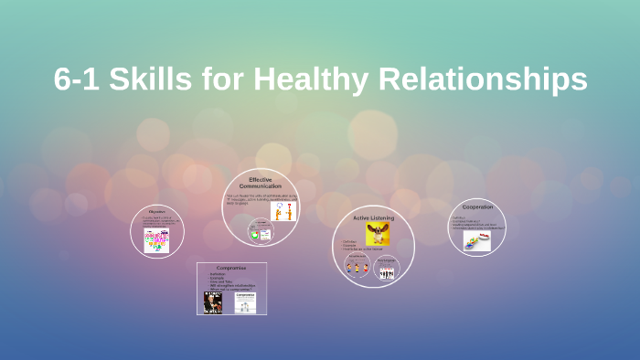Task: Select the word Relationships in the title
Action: point(488,79)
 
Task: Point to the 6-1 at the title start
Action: point(76,79)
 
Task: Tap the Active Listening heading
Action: point(372,218)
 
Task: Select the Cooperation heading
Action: point(476,206)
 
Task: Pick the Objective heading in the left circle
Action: point(156,211)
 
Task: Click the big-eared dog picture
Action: point(378,235)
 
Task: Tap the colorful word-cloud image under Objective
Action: point(156,240)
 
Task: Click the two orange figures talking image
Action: point(283,211)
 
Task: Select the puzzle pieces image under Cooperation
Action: point(475,240)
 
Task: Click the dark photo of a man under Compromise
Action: point(213,302)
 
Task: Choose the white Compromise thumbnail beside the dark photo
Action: point(244,302)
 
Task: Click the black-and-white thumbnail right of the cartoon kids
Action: point(387,271)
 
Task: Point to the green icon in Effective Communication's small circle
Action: point(255,235)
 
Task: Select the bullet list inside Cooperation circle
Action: point(475,222)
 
